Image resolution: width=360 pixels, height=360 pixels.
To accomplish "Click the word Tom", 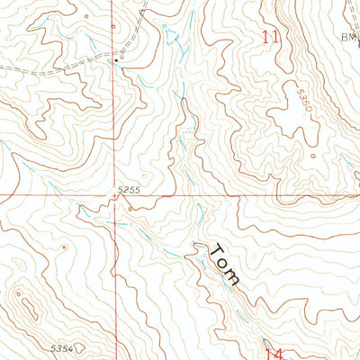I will [224, 264].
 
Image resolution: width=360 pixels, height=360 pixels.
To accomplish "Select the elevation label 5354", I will [62, 347].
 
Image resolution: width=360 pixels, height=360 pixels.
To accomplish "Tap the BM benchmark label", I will [348, 36].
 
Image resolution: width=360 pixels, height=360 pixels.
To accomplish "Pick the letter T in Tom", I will [215, 247].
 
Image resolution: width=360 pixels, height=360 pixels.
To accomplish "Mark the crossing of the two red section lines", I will [115, 194].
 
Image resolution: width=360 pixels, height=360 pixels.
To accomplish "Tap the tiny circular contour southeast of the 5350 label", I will [313, 156].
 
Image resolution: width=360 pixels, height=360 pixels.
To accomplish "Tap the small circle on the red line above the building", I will [114, 26].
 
